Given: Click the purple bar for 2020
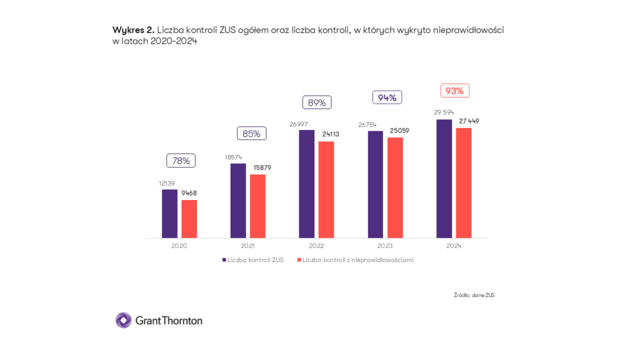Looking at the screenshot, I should (x=169, y=213).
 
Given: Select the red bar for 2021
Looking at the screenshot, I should (x=257, y=206).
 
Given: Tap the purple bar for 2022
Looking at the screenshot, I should (x=306, y=184).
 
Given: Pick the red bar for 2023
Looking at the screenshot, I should (x=395, y=187).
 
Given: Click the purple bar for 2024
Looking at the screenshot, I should (x=444, y=179).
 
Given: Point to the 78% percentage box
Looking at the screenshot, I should (x=181, y=161).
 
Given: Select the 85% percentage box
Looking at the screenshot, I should (x=251, y=133).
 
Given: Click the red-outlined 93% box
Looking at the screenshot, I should (x=454, y=91).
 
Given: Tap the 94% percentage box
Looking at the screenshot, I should (x=387, y=97).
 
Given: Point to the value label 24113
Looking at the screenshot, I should (x=331, y=134).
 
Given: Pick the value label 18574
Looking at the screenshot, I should (x=234, y=157).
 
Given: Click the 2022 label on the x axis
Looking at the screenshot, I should (x=316, y=246).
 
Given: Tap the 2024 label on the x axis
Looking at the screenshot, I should (x=454, y=246).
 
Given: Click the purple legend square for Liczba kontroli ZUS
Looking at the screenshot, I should (x=224, y=259).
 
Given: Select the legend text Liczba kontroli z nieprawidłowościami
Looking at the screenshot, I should (x=357, y=259).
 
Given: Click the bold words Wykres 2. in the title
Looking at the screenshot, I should (x=133, y=29).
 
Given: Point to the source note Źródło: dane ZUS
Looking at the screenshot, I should (x=474, y=295).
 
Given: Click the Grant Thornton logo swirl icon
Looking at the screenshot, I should (x=123, y=320).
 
